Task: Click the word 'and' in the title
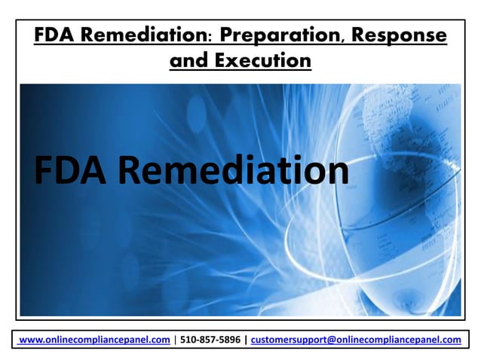click(x=188, y=61)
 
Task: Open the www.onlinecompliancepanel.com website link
click(x=94, y=340)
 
